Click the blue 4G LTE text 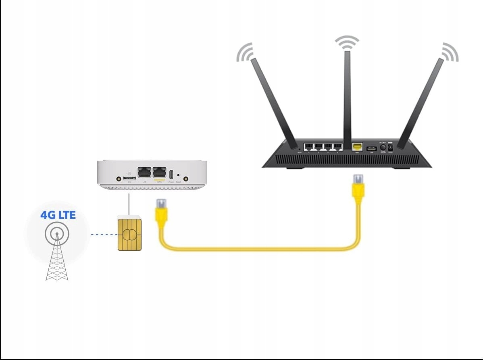(58, 215)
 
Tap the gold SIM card (129, 233)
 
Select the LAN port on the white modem (144, 173)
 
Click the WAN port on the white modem (159, 173)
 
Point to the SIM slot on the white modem (129, 178)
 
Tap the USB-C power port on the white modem (171, 175)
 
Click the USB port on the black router (371, 149)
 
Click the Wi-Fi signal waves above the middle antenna (347, 42)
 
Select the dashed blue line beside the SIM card (103, 234)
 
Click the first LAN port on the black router (309, 147)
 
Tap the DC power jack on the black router (390, 147)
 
